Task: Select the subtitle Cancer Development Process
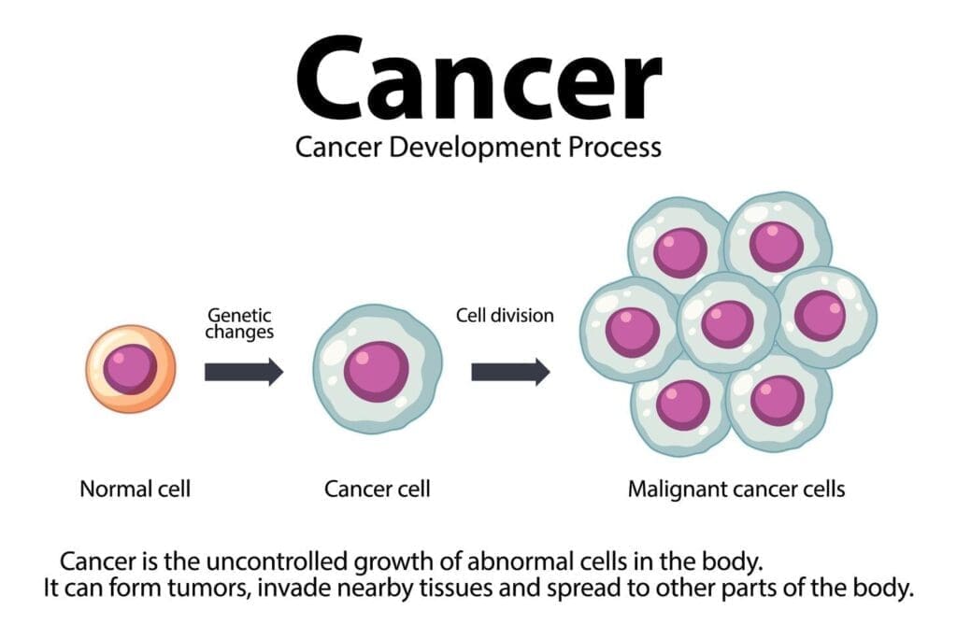coord(478,147)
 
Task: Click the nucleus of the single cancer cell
coord(376,371)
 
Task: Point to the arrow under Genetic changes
coord(243,372)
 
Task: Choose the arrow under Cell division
coord(509,372)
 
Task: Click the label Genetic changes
coord(240,324)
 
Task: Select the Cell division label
coord(505,316)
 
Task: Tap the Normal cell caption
coord(135,489)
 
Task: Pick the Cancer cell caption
coord(377,489)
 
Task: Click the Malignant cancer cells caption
coord(736,489)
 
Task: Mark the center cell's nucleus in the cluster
coord(727,323)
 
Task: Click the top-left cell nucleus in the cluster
coord(679,252)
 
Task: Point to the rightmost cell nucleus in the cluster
coord(820,315)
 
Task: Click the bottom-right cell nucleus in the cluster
coord(778,400)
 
